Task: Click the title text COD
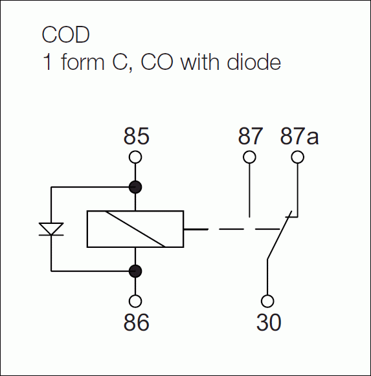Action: click(x=65, y=34)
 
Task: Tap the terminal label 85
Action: click(x=136, y=137)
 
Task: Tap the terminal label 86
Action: click(x=136, y=322)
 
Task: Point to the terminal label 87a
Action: click(x=299, y=137)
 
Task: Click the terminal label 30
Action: click(x=268, y=322)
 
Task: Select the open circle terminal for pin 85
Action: click(x=135, y=157)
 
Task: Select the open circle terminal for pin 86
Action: click(x=135, y=301)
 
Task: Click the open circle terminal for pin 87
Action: click(x=249, y=157)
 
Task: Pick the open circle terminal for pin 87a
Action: click(x=297, y=157)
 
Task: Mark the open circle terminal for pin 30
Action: click(x=267, y=301)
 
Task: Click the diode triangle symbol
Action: click(x=51, y=229)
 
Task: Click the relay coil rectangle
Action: click(x=135, y=229)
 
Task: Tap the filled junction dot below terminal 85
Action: click(x=135, y=187)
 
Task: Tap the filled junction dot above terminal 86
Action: click(x=135, y=271)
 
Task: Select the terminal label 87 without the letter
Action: click(x=251, y=137)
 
